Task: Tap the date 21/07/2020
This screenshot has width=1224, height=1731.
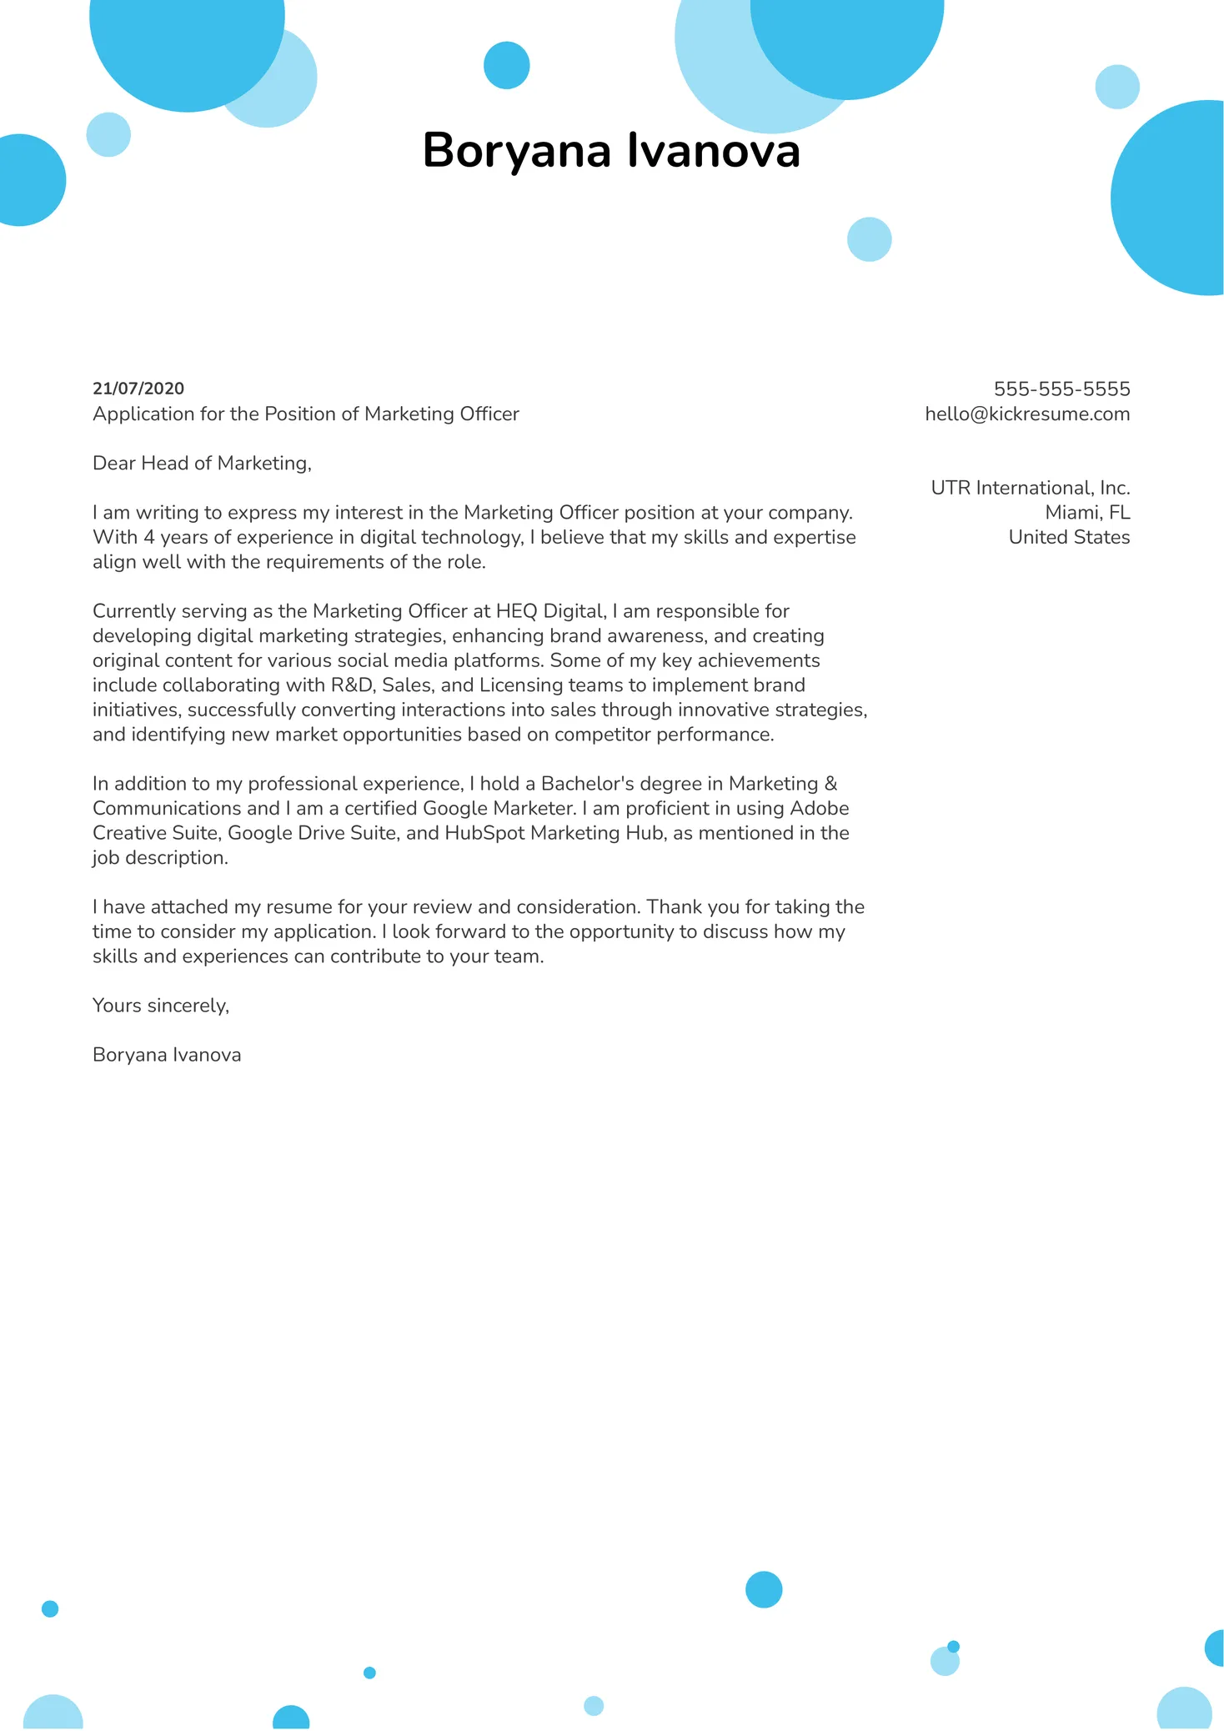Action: coord(138,389)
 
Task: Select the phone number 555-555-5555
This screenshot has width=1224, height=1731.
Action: coord(1061,389)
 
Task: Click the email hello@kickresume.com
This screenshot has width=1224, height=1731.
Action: coord(1027,414)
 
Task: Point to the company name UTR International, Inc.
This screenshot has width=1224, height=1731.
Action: coord(1030,488)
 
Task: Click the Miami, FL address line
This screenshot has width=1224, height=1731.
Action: coord(1087,513)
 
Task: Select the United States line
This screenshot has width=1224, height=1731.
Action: coord(1069,538)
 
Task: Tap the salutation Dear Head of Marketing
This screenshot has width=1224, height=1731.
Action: coord(202,464)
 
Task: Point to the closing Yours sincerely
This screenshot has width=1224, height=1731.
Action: coord(160,1006)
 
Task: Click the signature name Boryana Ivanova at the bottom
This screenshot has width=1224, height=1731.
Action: coord(167,1055)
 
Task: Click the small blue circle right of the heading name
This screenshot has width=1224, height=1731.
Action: coord(869,239)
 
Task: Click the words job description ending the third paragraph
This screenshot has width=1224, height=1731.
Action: coord(159,858)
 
